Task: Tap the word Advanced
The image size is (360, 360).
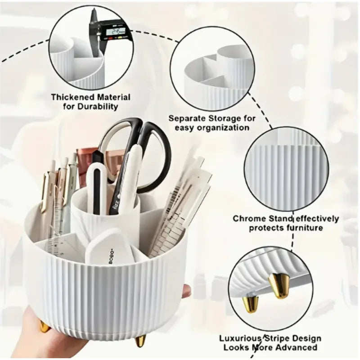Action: pyautogui.click(x=296, y=347)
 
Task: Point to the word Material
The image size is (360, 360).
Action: pyautogui.click(x=112, y=97)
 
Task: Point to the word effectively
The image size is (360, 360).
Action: pyautogui.click(x=315, y=219)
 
